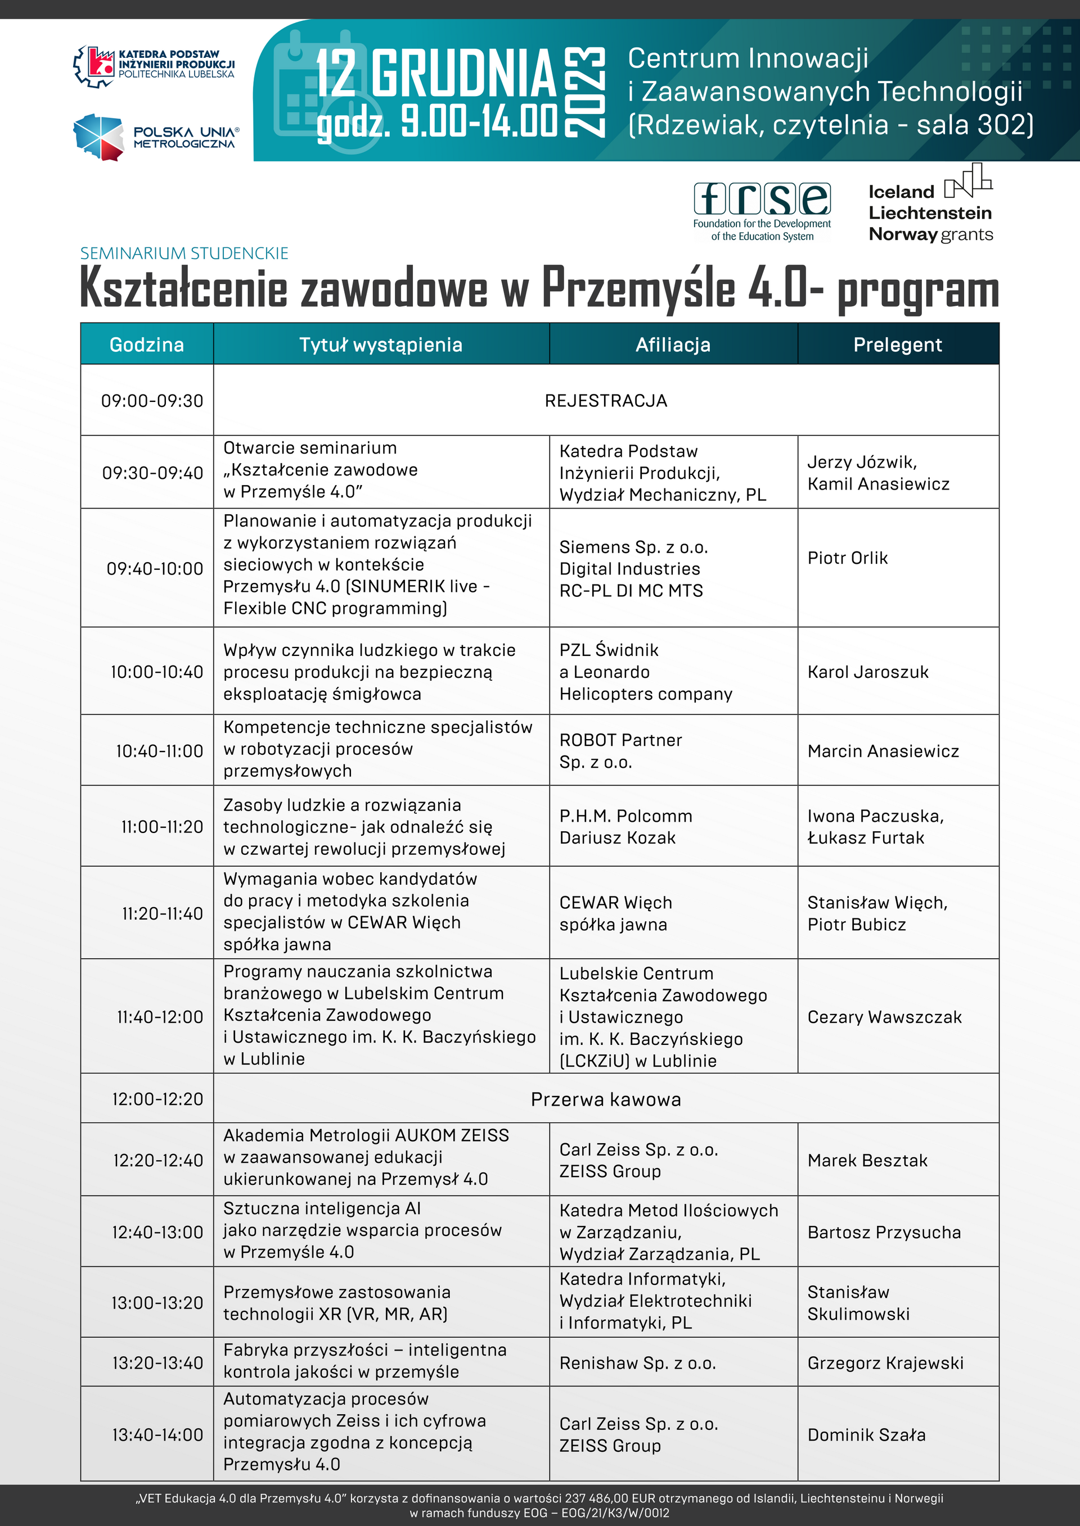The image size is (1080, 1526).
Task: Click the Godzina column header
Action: pos(146,345)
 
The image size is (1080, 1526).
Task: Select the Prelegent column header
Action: pos(897,345)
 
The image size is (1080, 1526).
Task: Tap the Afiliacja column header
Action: pos(672,345)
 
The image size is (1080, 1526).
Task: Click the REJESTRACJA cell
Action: pos(605,401)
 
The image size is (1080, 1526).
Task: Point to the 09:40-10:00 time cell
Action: pos(154,569)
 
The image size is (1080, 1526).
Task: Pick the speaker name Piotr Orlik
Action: pos(847,558)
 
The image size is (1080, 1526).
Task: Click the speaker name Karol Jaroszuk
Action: pos(867,672)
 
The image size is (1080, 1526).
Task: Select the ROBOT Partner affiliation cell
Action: pos(620,751)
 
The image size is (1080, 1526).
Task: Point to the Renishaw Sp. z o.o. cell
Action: pos(637,1363)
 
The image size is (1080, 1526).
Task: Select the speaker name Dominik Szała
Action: pos(866,1435)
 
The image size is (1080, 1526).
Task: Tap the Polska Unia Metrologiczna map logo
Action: pos(99,137)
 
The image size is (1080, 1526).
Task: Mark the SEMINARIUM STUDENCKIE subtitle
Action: pos(184,253)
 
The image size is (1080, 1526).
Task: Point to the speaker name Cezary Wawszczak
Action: pos(884,1017)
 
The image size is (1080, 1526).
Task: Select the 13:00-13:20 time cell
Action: pos(157,1303)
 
